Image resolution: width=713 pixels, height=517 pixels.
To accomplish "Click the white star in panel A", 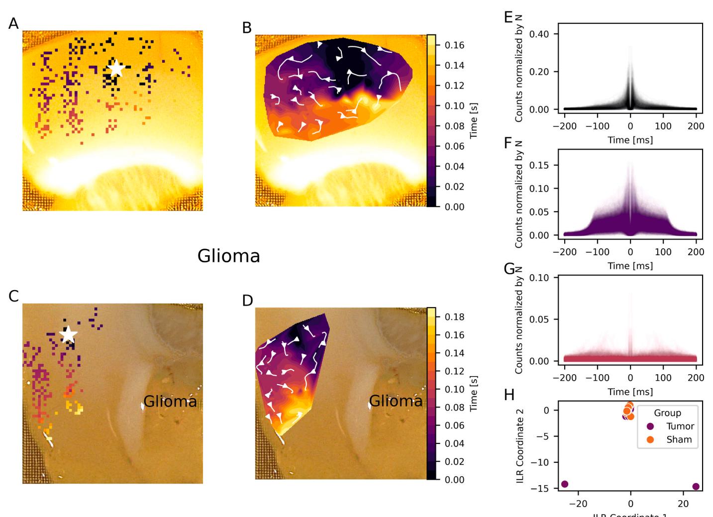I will click(x=115, y=69).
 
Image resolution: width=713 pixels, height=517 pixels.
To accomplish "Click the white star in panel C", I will click(x=68, y=335).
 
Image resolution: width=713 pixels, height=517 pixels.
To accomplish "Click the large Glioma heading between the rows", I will click(x=228, y=256).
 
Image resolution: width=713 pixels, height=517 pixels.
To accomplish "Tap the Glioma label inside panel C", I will click(x=170, y=401).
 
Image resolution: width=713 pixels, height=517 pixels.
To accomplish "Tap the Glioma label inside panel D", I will click(x=396, y=401).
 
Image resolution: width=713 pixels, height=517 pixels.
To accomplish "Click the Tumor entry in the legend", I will click(x=680, y=426).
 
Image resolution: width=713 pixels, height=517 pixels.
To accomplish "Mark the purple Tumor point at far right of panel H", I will click(x=696, y=486).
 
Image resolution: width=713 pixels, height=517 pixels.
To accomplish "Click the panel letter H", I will click(x=509, y=395).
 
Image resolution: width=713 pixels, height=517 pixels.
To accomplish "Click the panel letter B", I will click(x=247, y=28).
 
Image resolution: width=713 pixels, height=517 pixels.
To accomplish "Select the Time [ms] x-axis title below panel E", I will click(x=630, y=140).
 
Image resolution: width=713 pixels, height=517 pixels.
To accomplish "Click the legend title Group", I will click(x=667, y=413).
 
